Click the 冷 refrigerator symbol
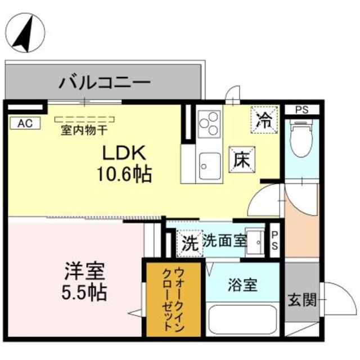[263, 119]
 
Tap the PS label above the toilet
[303, 110]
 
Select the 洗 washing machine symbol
[189, 243]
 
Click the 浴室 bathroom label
[243, 285]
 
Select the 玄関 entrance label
[302, 300]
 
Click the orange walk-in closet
[173, 298]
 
